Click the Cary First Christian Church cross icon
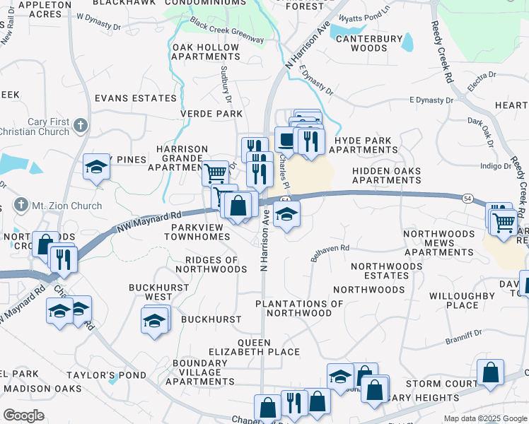coord(81,126)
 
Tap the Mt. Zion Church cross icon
coord(23,206)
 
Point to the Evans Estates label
coord(134,98)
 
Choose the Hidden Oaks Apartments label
coord(386,176)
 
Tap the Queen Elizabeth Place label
coord(254,347)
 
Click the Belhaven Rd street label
coord(330,254)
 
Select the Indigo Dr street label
coord(495,166)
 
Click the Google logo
coord(23,416)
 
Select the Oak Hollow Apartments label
coord(206,52)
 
